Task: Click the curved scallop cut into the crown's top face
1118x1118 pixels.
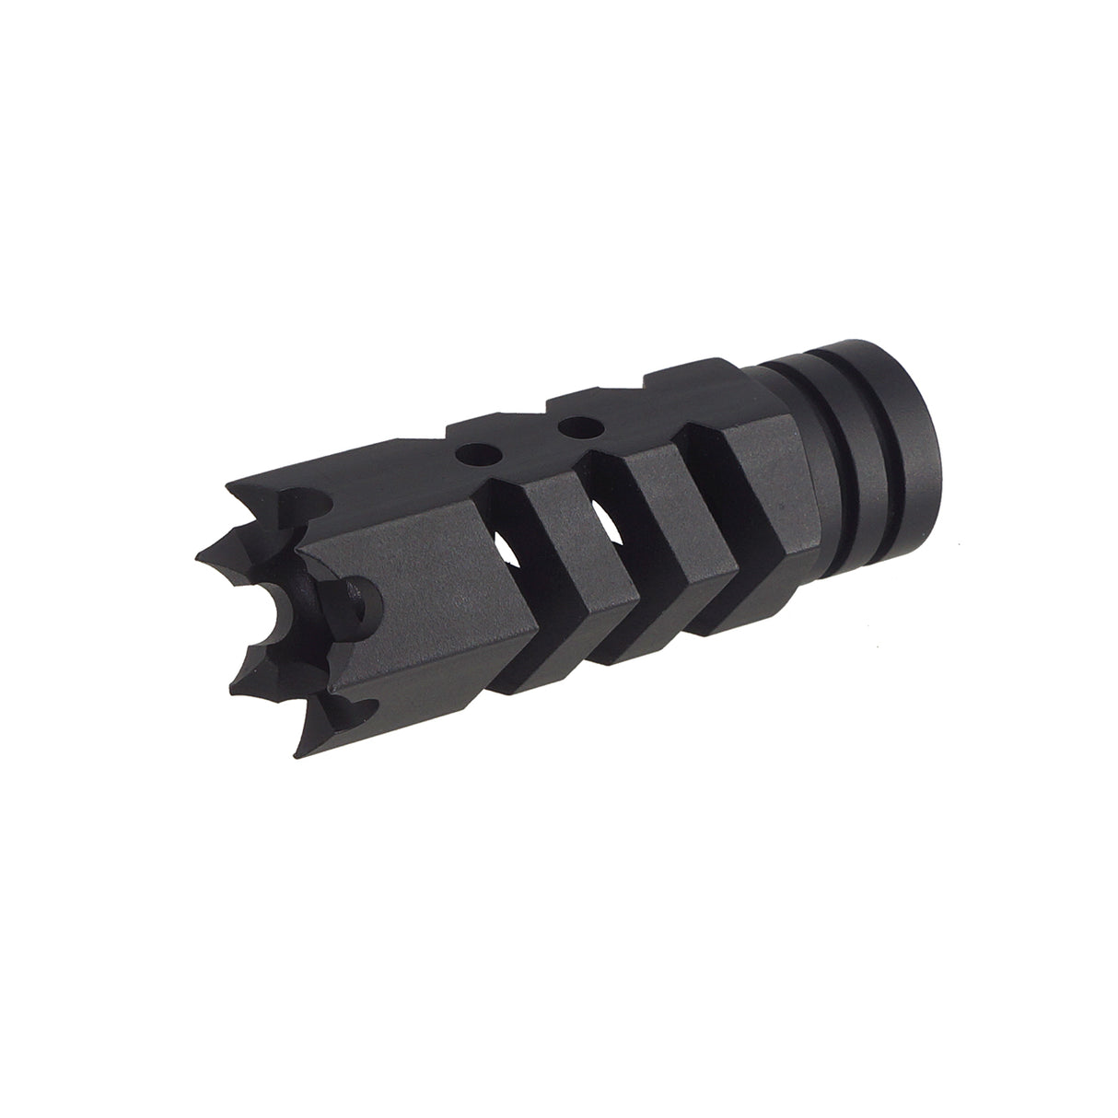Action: (x=304, y=502)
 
